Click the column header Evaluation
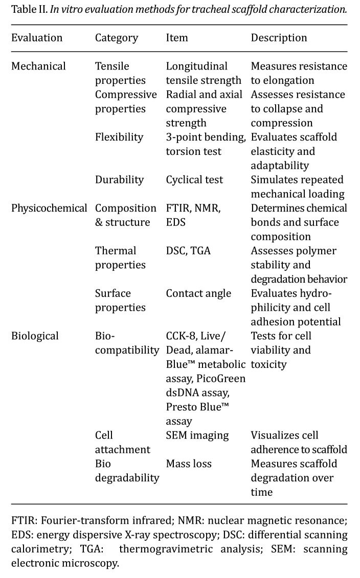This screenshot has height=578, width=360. [37, 38]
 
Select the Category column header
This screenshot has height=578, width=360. [117, 38]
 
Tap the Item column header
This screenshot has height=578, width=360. [177, 38]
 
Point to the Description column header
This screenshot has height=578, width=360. [279, 38]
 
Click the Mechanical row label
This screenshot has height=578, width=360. [38, 66]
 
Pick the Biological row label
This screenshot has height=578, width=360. [35, 336]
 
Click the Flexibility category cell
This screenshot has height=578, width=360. [119, 137]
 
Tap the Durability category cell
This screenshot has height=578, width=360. [119, 180]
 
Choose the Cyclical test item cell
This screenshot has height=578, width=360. [194, 180]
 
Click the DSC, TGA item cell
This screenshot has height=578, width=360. [189, 251]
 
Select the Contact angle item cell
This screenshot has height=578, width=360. [198, 293]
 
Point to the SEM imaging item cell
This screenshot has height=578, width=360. [197, 435]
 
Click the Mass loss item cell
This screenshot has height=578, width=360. [188, 464]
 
